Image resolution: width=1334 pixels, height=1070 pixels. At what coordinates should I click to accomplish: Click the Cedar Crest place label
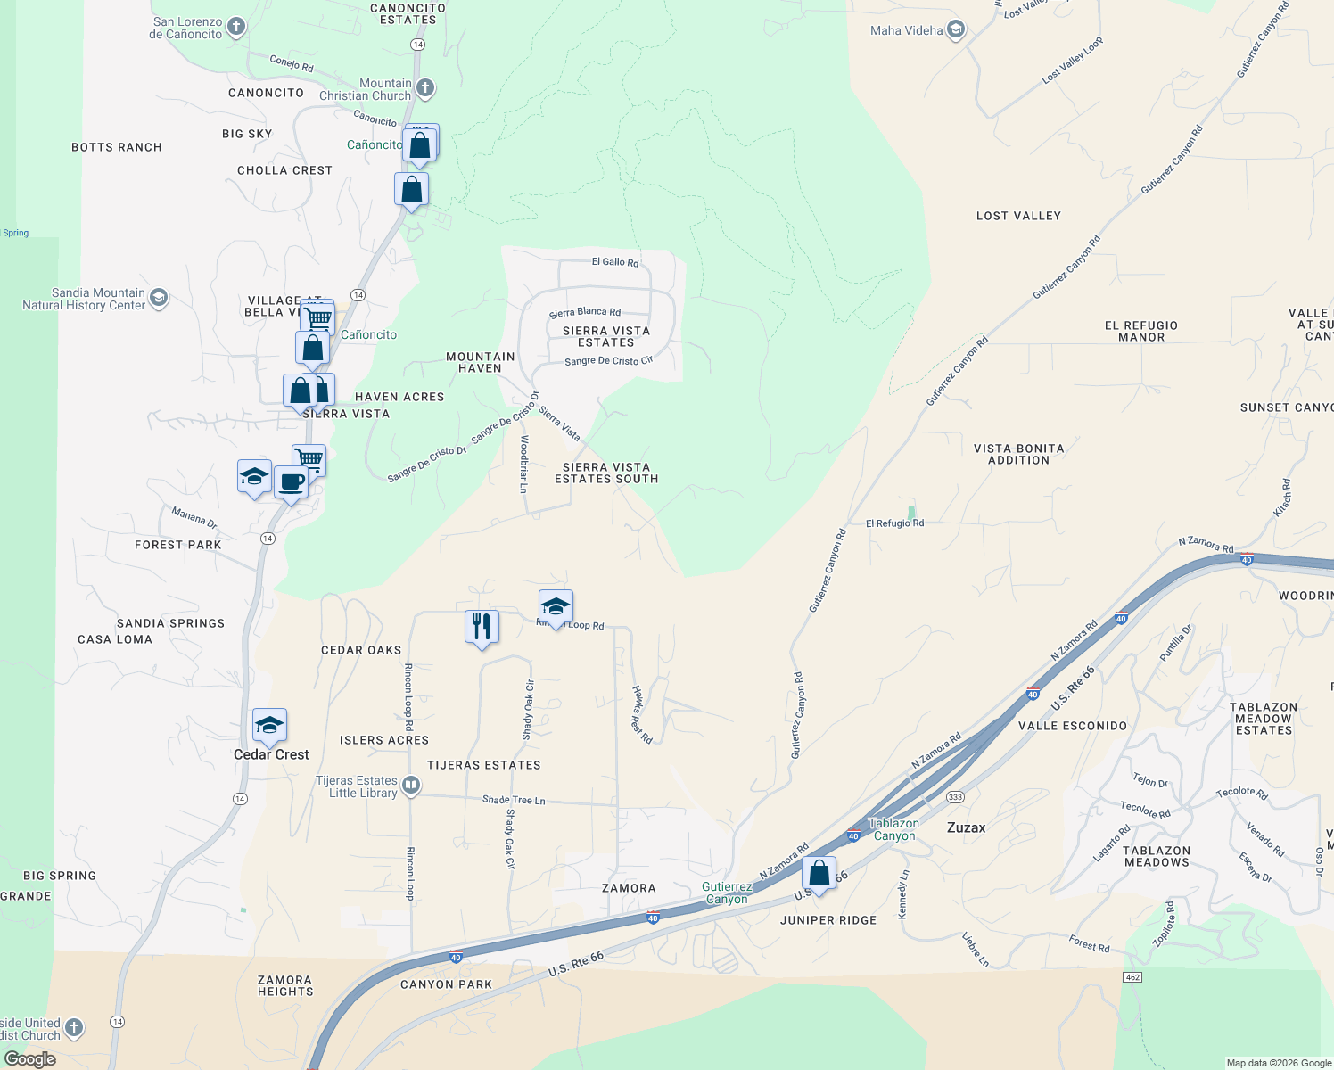[x=271, y=754]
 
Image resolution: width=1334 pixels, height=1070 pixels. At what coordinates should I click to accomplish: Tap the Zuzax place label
[x=966, y=827]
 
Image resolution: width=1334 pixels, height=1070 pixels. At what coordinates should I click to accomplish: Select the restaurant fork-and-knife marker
[x=482, y=626]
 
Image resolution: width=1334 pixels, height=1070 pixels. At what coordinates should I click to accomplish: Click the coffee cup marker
[x=291, y=482]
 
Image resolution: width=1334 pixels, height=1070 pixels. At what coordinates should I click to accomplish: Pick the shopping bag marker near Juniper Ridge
[x=819, y=873]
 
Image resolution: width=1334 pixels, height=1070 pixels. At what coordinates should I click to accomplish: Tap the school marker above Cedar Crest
[x=269, y=726]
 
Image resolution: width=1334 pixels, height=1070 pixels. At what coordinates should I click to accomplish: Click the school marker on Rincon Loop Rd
[x=556, y=607]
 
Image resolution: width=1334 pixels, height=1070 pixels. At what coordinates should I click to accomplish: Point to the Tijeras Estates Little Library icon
[x=411, y=786]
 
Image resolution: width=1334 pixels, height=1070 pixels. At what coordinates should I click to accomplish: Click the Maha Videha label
[x=906, y=30]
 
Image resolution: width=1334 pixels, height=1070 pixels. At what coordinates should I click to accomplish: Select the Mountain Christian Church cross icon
[x=425, y=87]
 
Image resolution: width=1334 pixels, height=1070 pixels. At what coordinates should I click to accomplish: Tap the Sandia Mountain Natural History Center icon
[x=159, y=298]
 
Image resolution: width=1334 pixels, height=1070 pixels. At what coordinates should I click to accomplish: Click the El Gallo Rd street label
[x=615, y=262]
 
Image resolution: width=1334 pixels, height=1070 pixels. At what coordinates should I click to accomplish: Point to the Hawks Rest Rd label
[x=641, y=714]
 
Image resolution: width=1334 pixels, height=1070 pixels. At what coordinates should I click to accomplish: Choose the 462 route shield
[x=1132, y=977]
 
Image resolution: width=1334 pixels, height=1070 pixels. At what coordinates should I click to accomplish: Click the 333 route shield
[x=955, y=797]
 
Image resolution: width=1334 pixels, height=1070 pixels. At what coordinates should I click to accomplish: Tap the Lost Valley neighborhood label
[x=1018, y=216]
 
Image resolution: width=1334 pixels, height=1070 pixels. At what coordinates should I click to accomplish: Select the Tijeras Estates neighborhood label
[x=483, y=765]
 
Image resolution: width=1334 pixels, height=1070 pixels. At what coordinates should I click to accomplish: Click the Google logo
[x=30, y=1059]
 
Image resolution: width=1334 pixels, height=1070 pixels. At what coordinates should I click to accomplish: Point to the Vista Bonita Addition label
[x=1018, y=454]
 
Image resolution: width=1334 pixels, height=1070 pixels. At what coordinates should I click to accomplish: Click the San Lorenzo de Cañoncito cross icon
[x=236, y=27]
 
